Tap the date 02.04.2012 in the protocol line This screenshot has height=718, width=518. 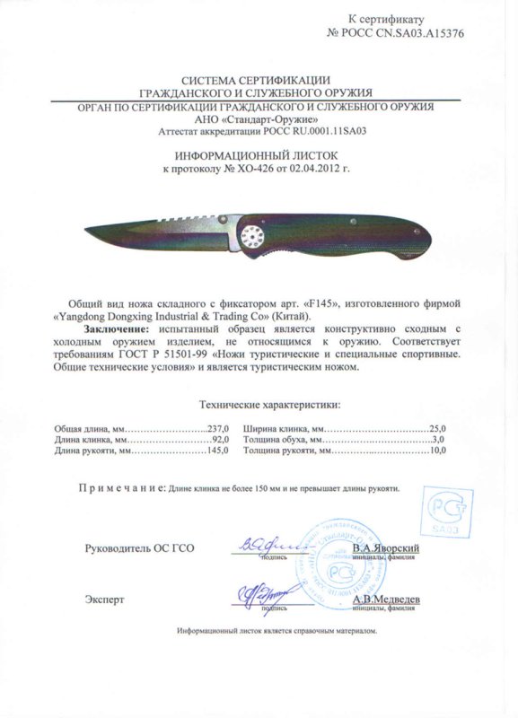[322, 168]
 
